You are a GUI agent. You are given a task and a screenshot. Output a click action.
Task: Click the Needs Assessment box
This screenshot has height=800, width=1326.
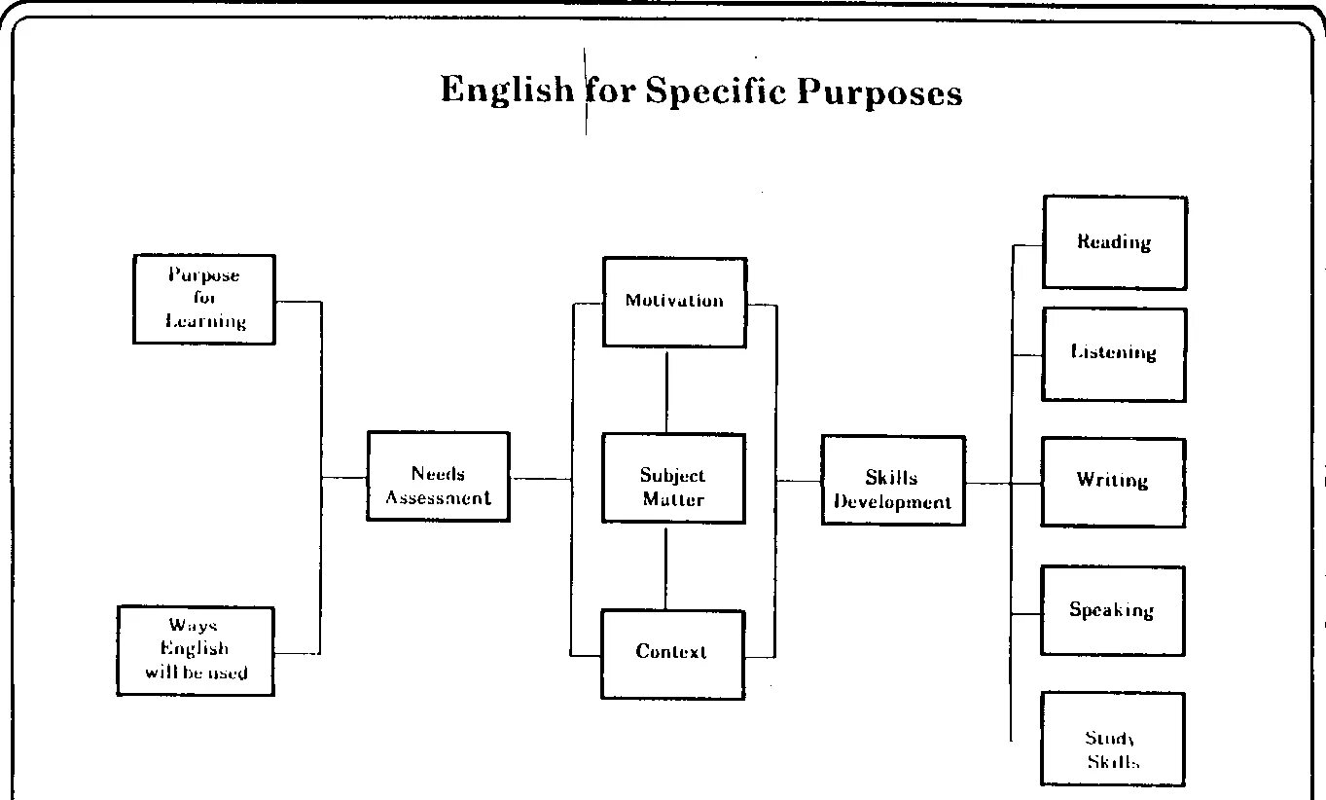438,476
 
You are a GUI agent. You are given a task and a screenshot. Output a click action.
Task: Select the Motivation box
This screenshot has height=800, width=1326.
674,302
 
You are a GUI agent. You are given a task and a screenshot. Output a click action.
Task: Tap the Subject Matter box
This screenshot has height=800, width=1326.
672,478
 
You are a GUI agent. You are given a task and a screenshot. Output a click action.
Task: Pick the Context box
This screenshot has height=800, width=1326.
672,653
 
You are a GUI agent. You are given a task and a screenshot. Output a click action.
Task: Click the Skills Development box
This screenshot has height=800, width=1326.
892,481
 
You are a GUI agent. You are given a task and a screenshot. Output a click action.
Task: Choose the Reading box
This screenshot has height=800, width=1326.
1114,242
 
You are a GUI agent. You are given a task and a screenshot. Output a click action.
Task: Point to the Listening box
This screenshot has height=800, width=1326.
1114,353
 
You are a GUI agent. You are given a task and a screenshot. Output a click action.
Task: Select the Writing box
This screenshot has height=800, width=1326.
1113,482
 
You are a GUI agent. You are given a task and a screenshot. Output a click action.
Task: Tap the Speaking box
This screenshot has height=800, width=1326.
1112,610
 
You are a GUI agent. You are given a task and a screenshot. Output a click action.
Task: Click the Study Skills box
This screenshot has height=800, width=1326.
1112,739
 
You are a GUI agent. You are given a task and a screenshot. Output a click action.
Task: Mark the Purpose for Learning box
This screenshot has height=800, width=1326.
204,299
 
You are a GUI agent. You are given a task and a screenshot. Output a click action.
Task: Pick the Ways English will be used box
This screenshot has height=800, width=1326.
196,650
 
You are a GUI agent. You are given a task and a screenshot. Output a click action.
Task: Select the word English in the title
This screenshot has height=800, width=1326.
507,90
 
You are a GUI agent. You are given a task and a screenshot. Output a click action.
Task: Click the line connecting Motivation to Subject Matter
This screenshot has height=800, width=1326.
666,390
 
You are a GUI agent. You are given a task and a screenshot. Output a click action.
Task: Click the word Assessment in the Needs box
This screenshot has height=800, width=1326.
438,498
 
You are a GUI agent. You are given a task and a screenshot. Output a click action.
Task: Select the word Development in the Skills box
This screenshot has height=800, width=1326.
892,503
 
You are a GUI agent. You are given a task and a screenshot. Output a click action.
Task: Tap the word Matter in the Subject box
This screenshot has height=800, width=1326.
672,500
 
